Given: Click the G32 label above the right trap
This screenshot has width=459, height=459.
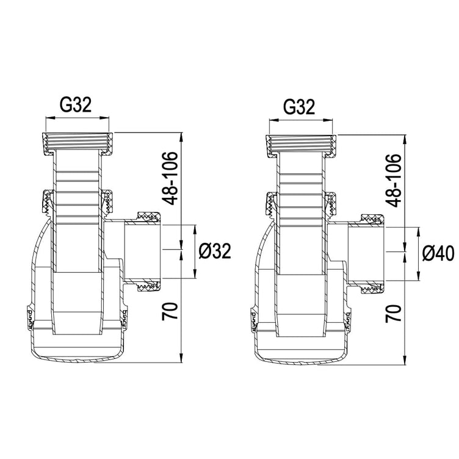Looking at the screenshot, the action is click(299, 107).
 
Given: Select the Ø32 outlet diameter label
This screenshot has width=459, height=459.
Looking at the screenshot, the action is click(215, 251).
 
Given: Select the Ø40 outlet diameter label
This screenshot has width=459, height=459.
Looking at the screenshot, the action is click(438, 253).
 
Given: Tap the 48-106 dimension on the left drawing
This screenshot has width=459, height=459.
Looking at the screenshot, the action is click(170, 178).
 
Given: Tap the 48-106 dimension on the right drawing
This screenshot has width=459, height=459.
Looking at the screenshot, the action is click(393, 180).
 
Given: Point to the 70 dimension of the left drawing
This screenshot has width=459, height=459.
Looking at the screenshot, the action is click(170, 311).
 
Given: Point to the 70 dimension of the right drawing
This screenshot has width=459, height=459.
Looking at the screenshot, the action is click(393, 314).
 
